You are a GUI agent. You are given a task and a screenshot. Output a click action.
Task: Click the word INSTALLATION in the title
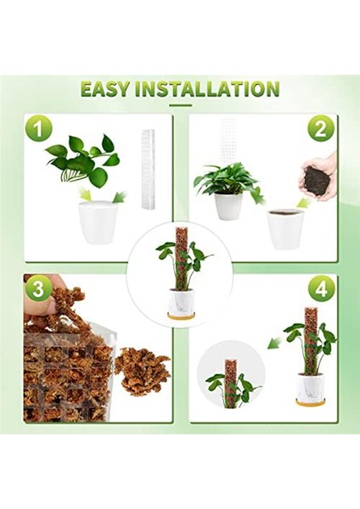click(207, 89)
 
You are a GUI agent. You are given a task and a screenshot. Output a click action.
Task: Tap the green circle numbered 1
click(38, 130)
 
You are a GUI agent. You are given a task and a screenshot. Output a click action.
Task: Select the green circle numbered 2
click(320, 130)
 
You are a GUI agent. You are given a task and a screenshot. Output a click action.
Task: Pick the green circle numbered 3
click(38, 288)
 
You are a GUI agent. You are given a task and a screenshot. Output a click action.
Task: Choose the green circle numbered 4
click(321, 288)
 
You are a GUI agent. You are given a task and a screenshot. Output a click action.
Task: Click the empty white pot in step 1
click(98, 222)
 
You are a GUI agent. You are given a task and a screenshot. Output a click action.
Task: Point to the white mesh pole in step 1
click(149, 170)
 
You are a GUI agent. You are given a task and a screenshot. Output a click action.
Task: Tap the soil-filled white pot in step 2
click(286, 230)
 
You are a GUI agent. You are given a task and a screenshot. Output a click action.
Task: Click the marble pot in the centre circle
click(180, 300)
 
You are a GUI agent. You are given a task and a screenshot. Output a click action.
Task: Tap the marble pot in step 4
click(307, 386)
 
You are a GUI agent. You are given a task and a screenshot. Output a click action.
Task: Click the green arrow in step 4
click(274, 343)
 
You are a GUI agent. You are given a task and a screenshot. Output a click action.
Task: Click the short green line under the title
click(181, 105)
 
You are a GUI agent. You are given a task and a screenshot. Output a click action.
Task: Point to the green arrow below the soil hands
click(303, 203)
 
